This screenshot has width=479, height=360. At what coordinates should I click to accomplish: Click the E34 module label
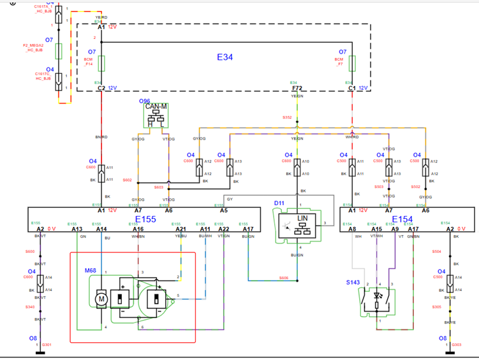tap(225, 57)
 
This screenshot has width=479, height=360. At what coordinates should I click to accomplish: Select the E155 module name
tap(145, 218)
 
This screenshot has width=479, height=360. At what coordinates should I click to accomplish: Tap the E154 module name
tap(402, 219)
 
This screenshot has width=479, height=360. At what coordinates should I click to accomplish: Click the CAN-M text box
tap(156, 106)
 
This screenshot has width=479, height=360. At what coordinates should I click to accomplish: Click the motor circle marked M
tap(100, 299)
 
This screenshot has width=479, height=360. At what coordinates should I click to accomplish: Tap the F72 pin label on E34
tap(297, 89)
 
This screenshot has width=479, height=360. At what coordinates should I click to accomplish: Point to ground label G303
tap(457, 345)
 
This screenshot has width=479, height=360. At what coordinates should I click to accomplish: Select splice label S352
tap(287, 117)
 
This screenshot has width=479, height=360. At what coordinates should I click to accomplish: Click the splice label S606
tap(284, 277)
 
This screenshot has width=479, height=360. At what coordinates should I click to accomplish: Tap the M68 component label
tap(90, 270)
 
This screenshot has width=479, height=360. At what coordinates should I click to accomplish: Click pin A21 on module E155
tap(181, 229)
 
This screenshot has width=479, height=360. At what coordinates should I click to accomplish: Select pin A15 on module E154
tap(377, 229)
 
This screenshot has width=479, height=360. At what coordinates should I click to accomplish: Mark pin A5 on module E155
tap(224, 210)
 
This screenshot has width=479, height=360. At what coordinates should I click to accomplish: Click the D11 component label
tap(278, 203)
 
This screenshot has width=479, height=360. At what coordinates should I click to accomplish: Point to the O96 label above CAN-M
tap(145, 100)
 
